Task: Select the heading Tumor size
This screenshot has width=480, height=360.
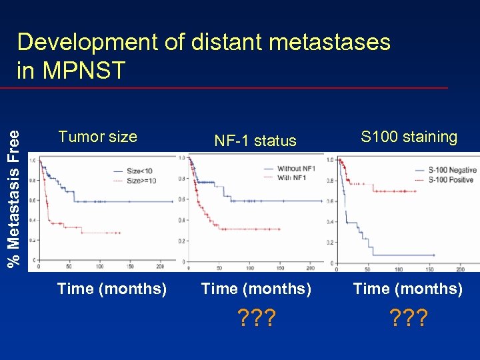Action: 97,137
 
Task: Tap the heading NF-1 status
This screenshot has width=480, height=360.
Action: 255,141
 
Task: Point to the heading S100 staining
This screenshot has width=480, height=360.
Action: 409,137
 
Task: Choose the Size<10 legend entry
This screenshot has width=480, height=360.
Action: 141,171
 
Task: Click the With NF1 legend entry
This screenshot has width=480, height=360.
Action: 293,178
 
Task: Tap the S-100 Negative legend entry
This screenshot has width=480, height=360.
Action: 452,170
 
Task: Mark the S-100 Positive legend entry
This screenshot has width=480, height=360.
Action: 452,179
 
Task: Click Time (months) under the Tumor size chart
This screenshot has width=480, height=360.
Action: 112,289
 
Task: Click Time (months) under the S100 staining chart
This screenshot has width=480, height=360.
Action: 407,289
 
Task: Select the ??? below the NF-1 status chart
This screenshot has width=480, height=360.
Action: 255,318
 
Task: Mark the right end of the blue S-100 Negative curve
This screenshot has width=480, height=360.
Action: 434,255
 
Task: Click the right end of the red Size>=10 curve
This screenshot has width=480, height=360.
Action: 121,233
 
